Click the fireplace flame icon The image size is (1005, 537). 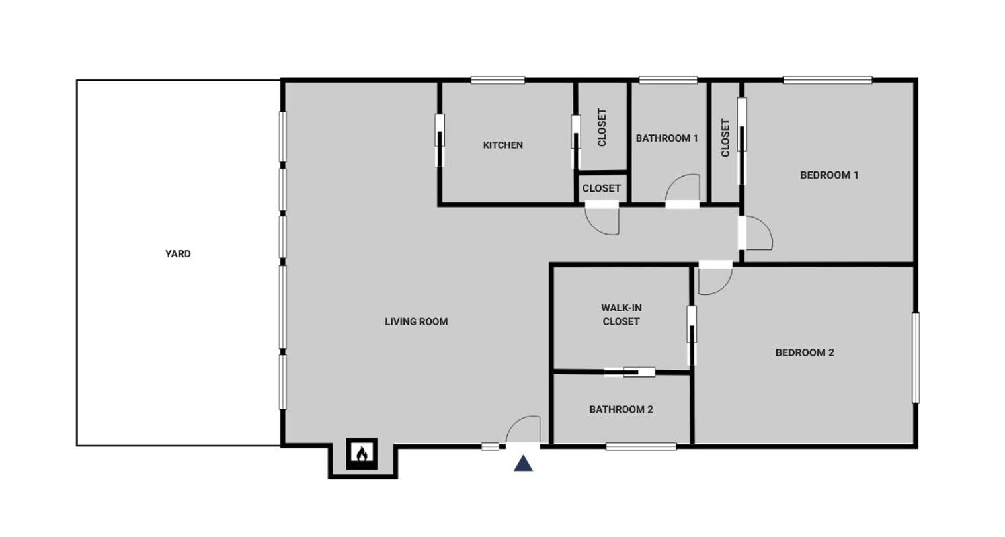point(362,454)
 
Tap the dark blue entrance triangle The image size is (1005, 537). point(524,463)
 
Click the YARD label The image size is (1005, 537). point(178,254)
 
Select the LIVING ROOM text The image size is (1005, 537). point(417,322)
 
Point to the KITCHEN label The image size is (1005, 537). point(503,145)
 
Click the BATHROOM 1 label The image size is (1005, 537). point(666,138)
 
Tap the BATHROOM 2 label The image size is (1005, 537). point(621,410)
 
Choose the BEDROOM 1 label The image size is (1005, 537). point(829,175)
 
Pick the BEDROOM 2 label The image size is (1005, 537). point(805,353)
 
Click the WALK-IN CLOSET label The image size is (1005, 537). point(621,315)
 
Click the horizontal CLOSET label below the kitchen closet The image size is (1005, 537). point(601,188)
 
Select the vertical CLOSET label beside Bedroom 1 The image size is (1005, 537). point(725,138)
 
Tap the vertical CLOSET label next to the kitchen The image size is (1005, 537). point(602,128)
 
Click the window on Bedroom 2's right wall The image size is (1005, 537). point(916,358)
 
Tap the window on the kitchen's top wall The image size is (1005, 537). point(498,81)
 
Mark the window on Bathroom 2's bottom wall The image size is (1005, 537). point(641,447)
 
